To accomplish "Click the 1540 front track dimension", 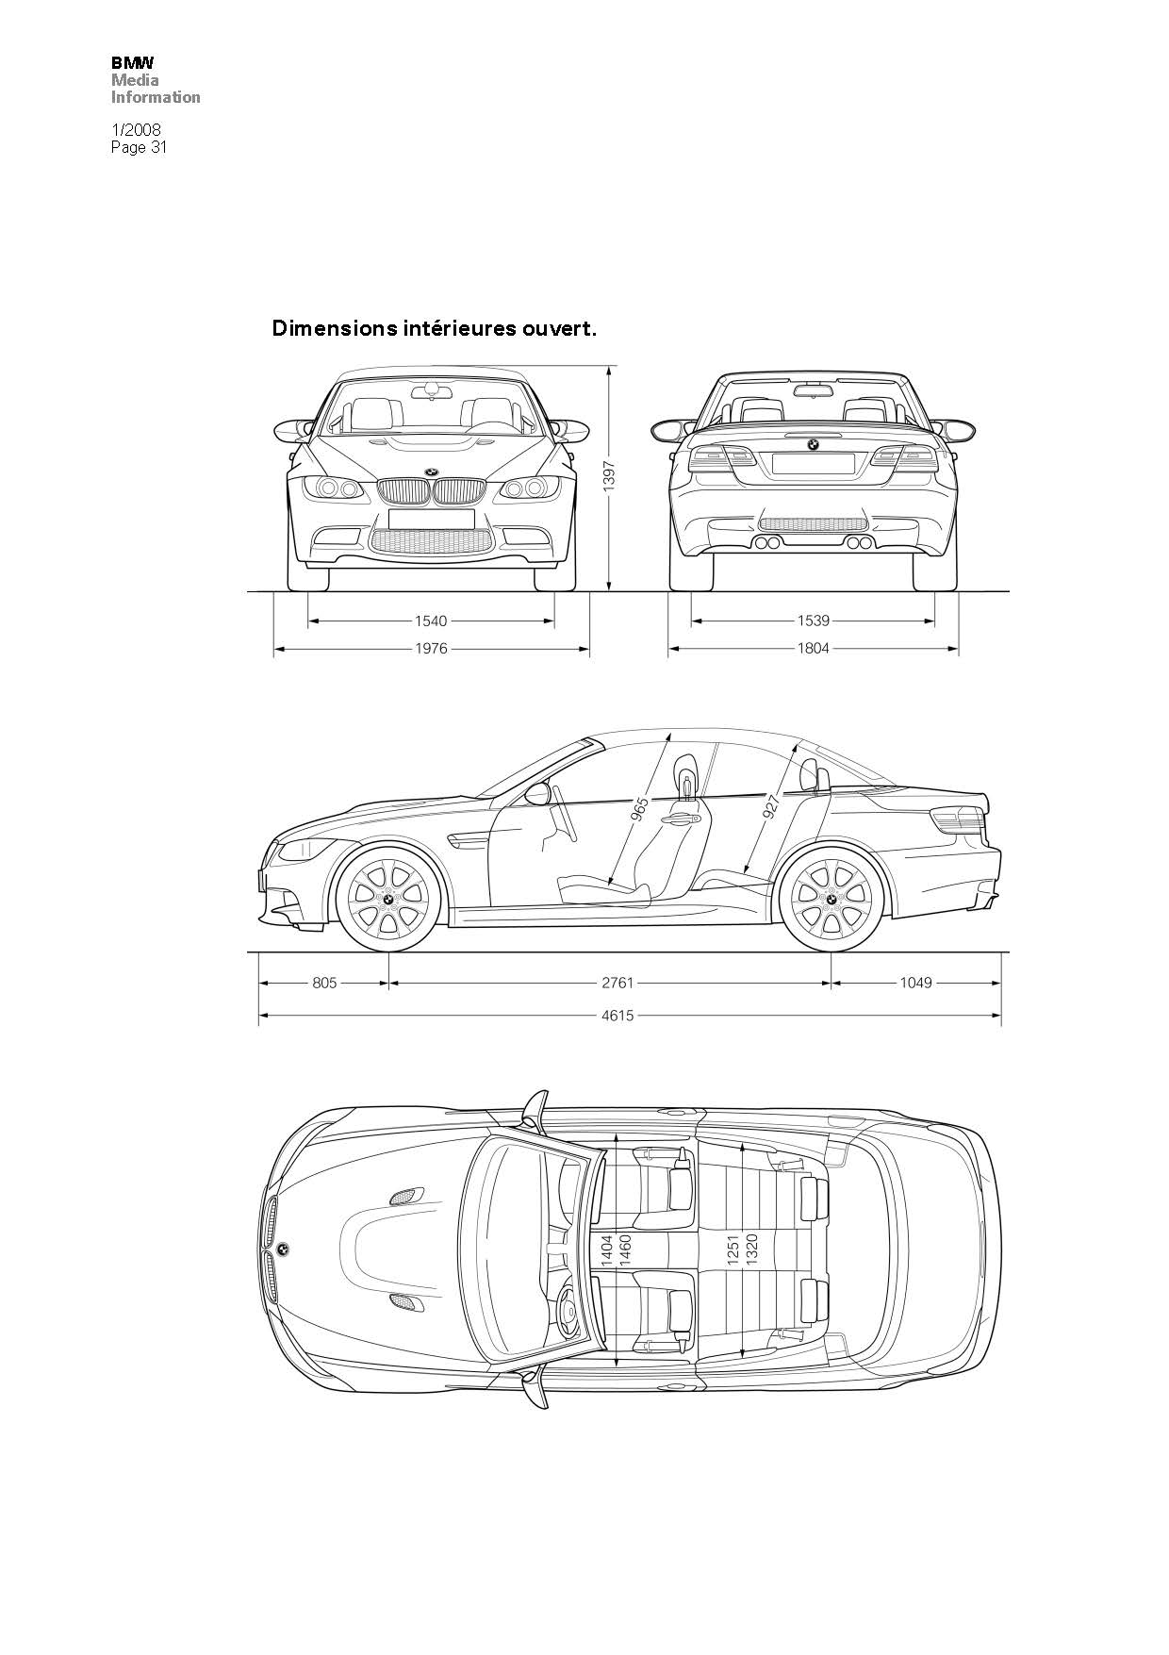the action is [431, 621].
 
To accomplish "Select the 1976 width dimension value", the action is [431, 649].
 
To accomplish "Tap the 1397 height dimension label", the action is [609, 476].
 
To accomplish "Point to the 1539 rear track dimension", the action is [813, 621].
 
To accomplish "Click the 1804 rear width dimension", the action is [813, 649].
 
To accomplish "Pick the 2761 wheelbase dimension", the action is [617, 983].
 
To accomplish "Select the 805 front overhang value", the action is [324, 983].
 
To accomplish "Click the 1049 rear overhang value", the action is [915, 983].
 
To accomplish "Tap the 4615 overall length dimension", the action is [617, 1015].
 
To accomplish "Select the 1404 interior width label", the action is [606, 1250].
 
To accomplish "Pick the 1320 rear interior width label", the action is [751, 1250].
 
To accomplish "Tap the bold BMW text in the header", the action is [133, 63].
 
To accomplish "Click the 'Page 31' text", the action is [139, 146].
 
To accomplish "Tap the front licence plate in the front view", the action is [431, 519].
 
